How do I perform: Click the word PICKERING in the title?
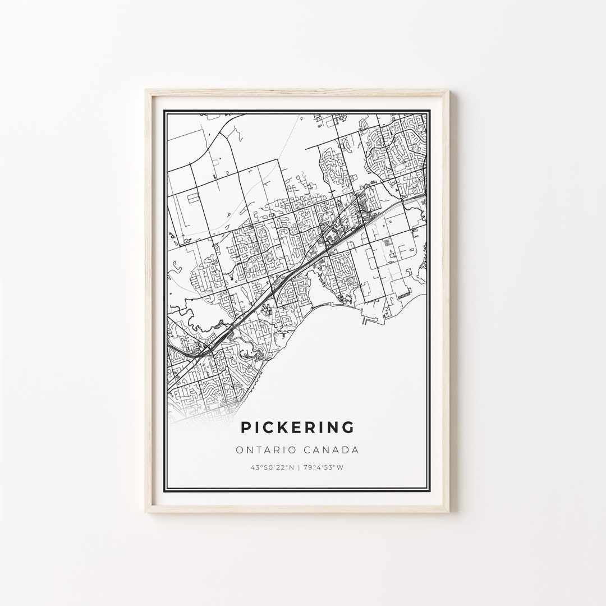tap(297, 428)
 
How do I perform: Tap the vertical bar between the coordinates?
tap(298, 467)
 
